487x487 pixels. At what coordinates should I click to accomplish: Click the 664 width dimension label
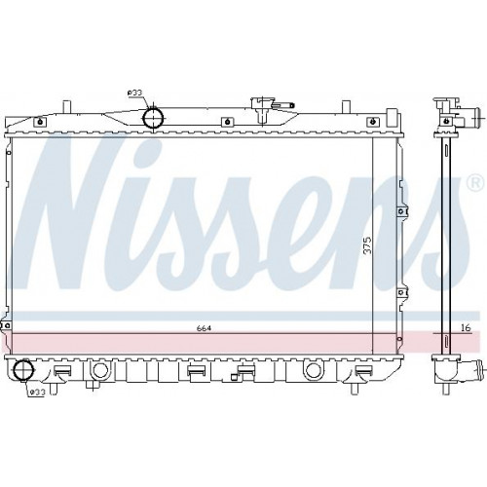204,328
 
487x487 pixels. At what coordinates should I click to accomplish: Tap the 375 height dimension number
367,246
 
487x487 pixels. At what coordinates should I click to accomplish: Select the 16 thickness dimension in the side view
466,328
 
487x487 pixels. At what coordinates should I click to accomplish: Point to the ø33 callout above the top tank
135,93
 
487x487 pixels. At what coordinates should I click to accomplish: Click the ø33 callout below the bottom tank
37,393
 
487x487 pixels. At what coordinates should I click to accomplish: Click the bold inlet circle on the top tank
153,118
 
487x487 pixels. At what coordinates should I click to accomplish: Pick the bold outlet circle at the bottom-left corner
23,370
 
